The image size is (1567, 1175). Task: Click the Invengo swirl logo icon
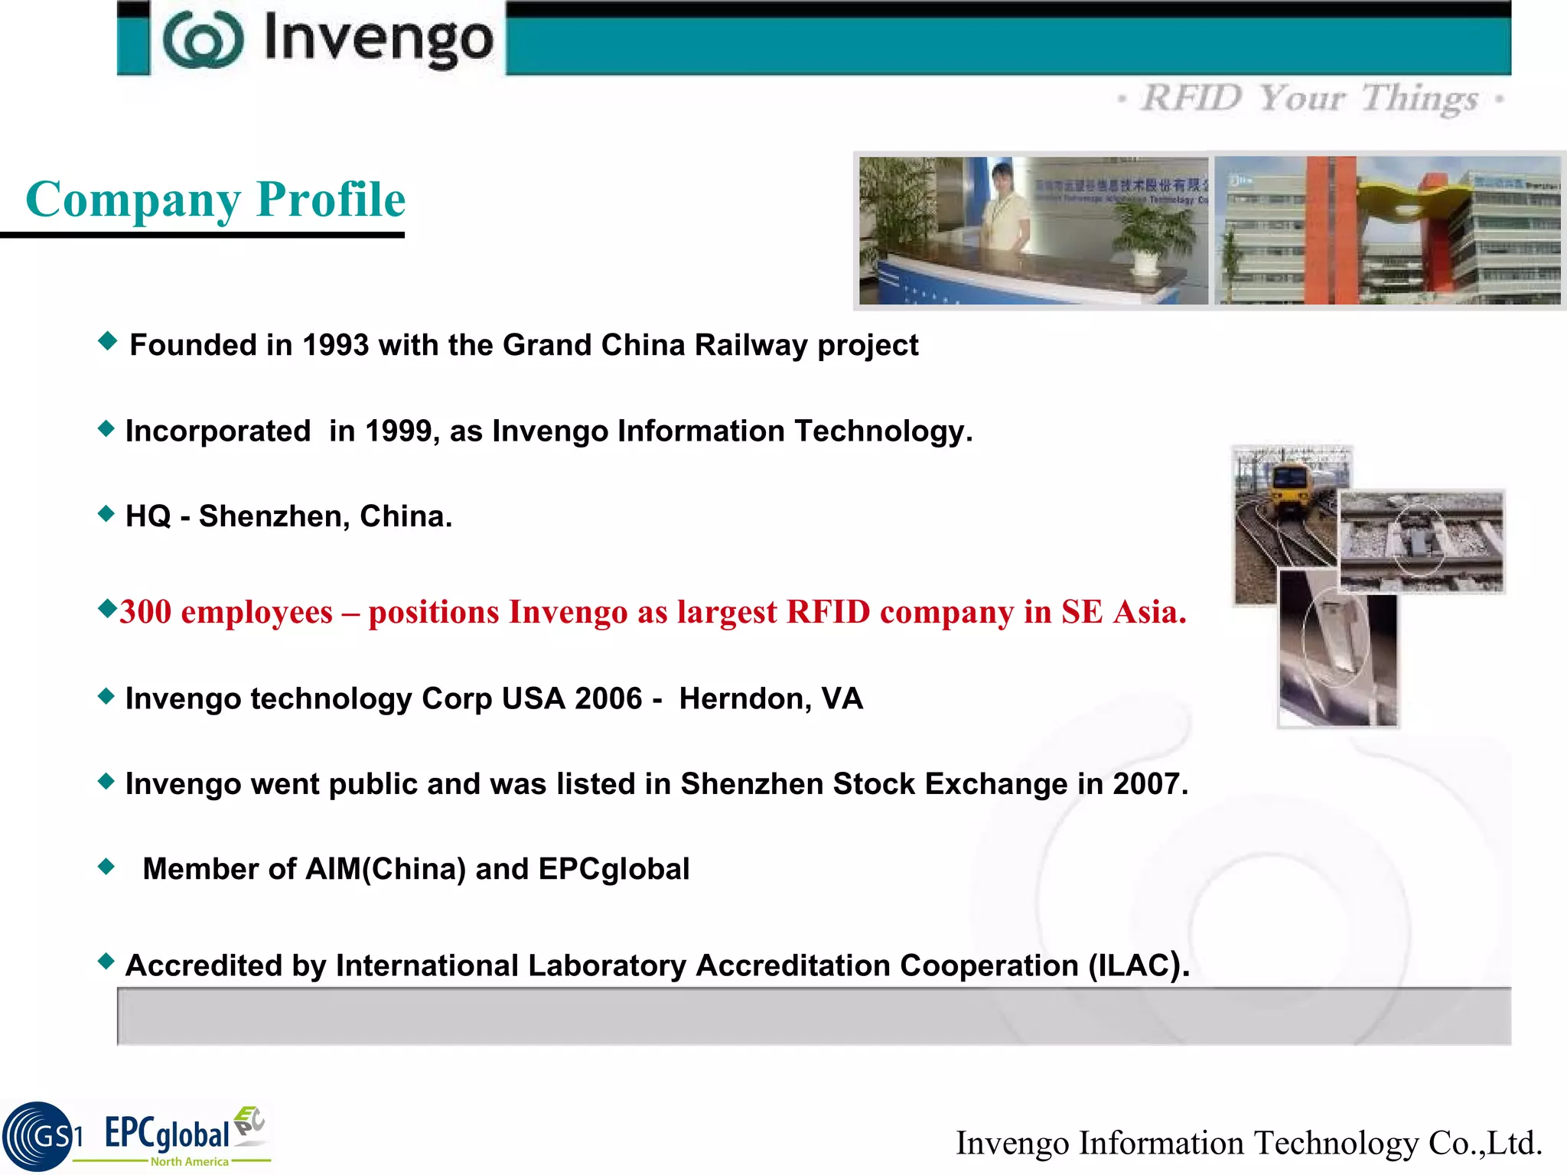tap(203, 40)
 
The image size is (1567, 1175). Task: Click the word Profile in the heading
tap(331, 200)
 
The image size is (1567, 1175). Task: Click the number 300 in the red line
tap(145, 612)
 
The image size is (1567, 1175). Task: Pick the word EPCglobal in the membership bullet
tap(614, 870)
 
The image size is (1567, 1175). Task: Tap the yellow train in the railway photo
tap(1290, 490)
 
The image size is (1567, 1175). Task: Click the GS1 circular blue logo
tap(38, 1136)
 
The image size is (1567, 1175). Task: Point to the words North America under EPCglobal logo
tap(189, 1161)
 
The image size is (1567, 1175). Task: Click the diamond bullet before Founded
tap(108, 341)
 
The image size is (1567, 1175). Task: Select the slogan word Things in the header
tap(1419, 99)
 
